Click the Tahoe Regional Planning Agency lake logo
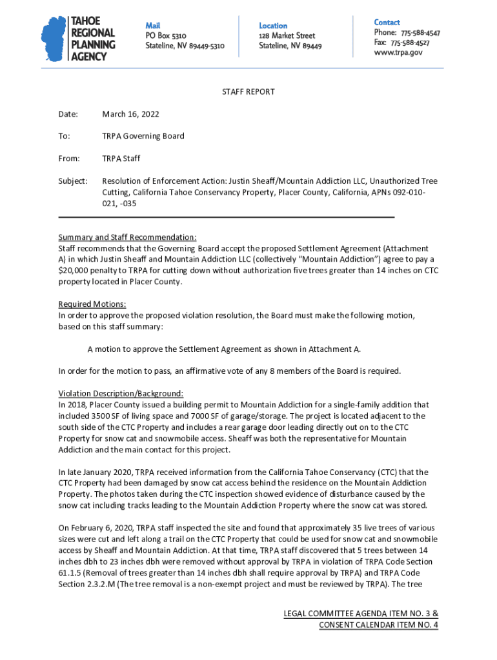click(54, 39)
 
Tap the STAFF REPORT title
click(249, 92)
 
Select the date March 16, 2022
click(130, 114)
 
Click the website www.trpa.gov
click(398, 53)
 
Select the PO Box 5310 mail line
click(166, 36)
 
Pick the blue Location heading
click(273, 25)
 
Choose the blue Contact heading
click(387, 22)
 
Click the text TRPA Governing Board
click(143, 136)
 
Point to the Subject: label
click(73, 181)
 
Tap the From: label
click(69, 159)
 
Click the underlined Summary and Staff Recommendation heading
click(127, 237)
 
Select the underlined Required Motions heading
click(92, 304)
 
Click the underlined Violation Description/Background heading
click(121, 393)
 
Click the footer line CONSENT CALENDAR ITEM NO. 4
click(378, 625)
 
